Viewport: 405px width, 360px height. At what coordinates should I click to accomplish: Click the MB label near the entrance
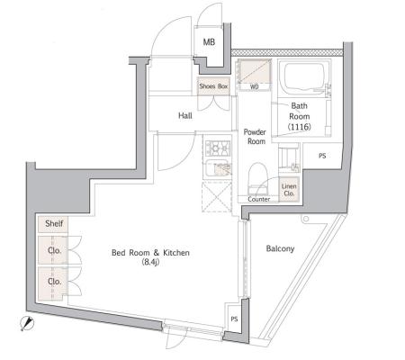209,42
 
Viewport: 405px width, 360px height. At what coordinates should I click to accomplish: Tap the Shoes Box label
213,86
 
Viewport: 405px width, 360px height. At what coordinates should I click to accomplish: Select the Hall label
185,115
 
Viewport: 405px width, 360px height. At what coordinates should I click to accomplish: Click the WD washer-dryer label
255,87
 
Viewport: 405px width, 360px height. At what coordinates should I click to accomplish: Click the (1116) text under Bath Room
300,127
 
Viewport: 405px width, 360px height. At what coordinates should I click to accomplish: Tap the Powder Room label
255,137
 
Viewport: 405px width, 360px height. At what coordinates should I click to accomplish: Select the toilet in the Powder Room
258,178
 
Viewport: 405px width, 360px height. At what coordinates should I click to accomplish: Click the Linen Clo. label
289,190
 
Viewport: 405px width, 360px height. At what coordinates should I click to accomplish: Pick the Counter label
259,199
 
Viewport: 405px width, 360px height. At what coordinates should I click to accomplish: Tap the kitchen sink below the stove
218,169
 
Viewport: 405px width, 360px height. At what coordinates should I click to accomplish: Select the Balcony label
280,248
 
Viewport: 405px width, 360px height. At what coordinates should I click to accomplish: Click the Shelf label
54,223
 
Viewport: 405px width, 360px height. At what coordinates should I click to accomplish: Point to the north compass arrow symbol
27,323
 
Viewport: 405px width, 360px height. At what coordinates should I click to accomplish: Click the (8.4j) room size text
150,262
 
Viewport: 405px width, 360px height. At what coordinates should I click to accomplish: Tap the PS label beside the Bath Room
322,156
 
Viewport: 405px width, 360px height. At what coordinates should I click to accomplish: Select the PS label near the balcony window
234,319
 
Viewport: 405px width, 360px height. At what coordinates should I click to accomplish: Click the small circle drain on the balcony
305,219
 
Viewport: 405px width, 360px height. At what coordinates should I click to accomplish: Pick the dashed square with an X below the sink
217,197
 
